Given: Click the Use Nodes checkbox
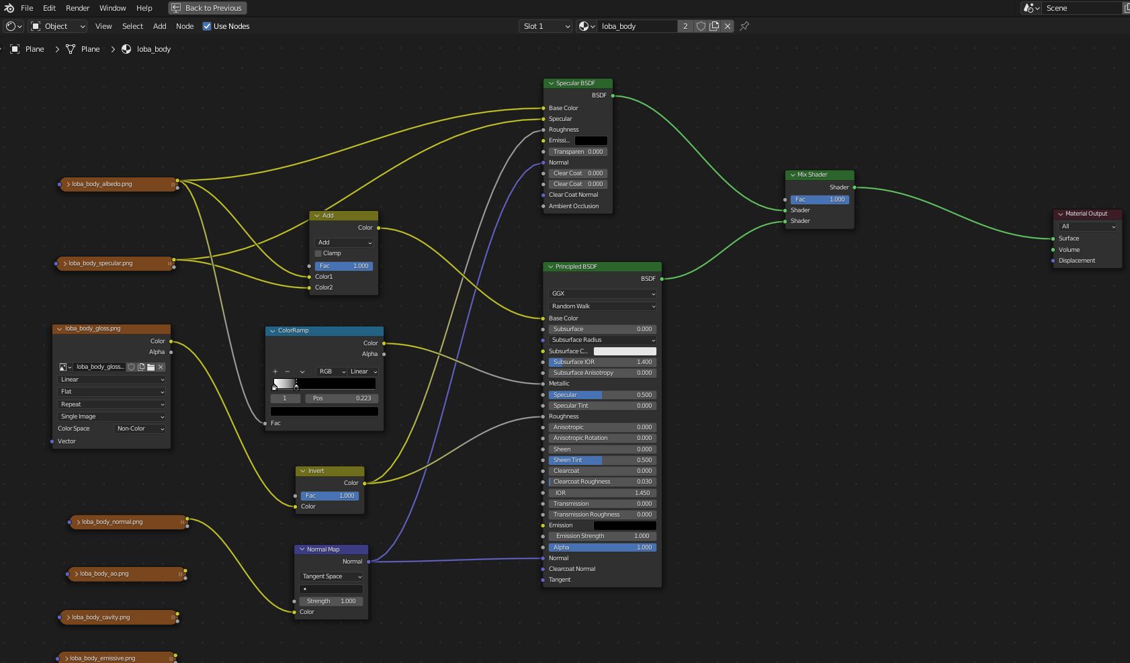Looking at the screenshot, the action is pos(207,26).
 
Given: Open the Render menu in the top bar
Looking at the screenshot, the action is pos(77,8).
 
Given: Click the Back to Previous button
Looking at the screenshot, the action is pos(207,8).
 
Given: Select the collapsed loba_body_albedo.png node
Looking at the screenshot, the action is pos(118,184).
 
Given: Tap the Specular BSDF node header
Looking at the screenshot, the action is pos(578,83).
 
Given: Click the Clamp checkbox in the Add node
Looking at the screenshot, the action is pos(318,253).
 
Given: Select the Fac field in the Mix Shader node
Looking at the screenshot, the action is pos(820,200).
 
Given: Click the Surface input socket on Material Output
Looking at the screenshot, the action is pos(1053,238).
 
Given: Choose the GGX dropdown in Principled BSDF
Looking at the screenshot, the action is pos(603,294).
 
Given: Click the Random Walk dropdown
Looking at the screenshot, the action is pos(603,306).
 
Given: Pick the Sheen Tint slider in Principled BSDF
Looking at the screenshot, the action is pos(602,460).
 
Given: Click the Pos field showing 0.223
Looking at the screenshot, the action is pos(341,398).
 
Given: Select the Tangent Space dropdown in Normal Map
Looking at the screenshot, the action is pos(331,576).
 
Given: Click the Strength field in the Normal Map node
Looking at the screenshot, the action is pos(331,601).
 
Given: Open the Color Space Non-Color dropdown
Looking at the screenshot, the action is pos(140,429).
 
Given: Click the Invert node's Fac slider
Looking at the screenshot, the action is pos(330,496).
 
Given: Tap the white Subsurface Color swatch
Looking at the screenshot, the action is pos(625,351).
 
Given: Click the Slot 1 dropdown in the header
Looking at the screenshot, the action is pos(546,26).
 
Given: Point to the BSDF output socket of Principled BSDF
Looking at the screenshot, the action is pos(662,279).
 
